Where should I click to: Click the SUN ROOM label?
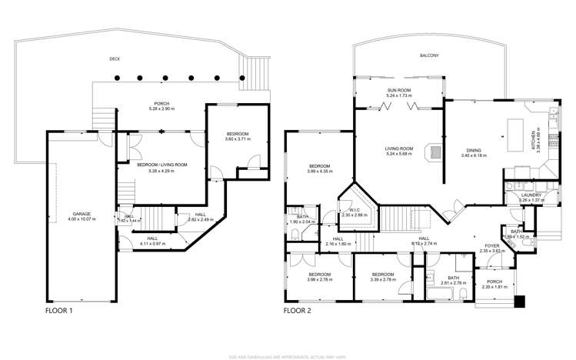click(399, 90)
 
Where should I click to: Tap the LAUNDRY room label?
click(531, 195)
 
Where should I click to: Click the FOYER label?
click(485, 245)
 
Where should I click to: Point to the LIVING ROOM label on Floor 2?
click(399, 148)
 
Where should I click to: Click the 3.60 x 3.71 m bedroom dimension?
click(238, 139)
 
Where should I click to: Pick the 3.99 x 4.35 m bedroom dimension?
click(319, 172)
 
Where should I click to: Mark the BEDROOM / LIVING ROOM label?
click(161, 164)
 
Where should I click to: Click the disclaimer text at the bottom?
click(288, 356)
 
